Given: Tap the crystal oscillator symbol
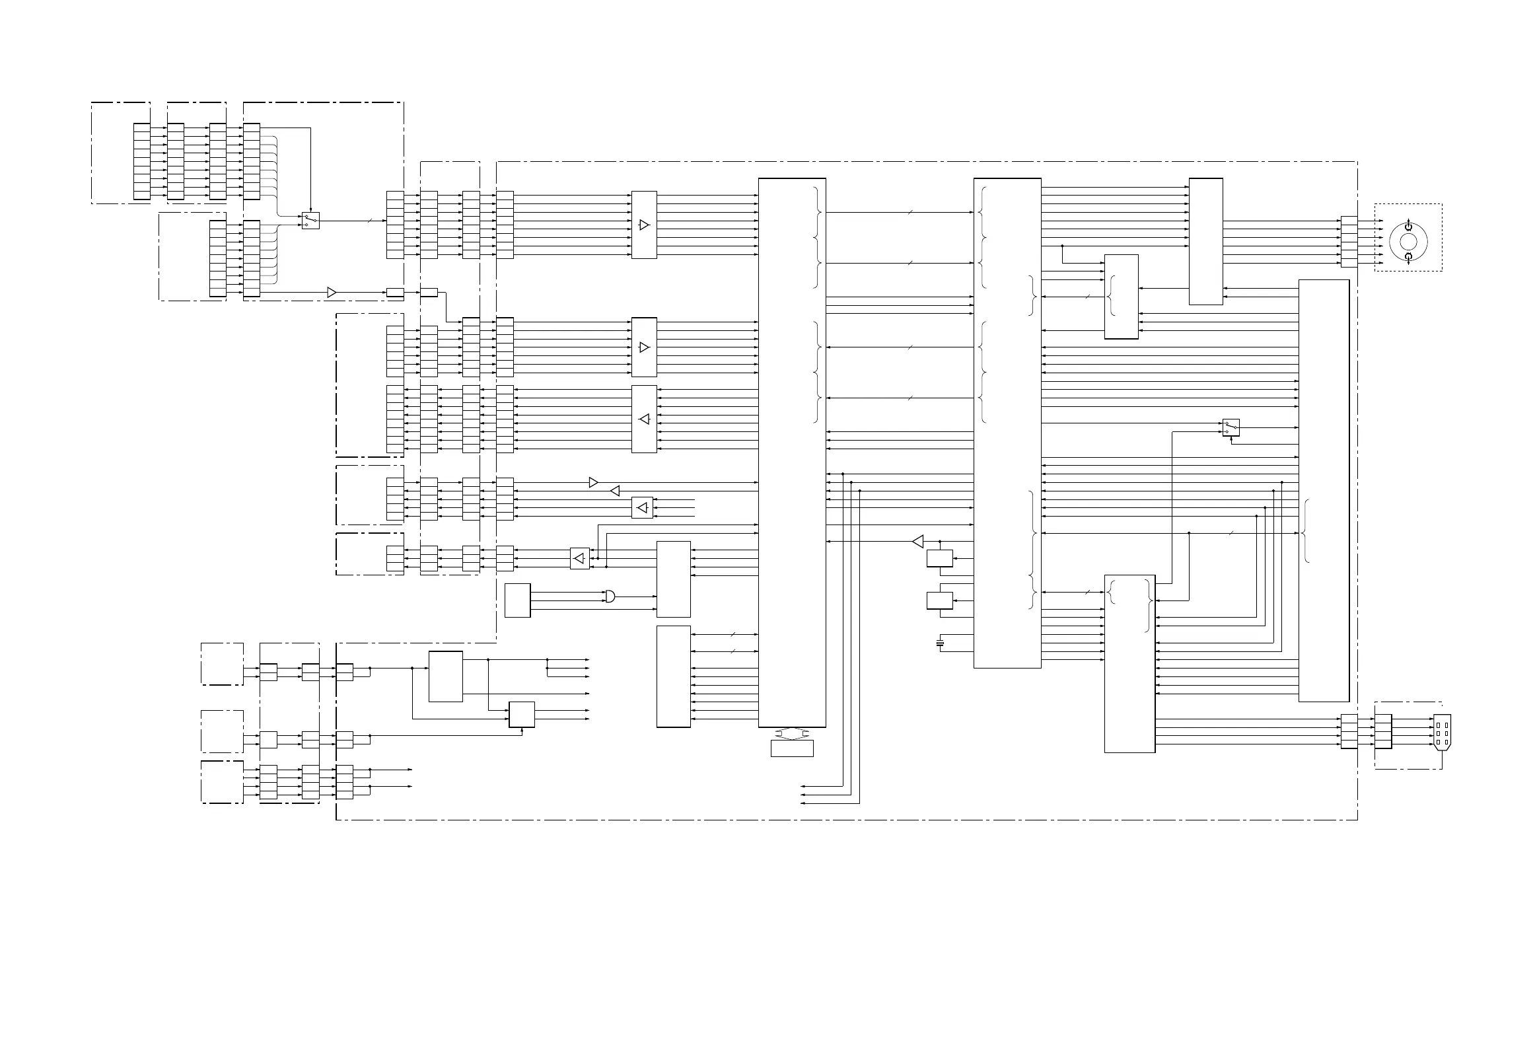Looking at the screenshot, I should [x=941, y=643].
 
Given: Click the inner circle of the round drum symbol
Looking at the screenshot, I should [x=1408, y=242].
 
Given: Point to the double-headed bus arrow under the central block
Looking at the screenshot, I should [x=791, y=733].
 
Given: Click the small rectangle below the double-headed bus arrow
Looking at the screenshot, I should [x=792, y=748].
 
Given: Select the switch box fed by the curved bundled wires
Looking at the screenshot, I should [x=310, y=221].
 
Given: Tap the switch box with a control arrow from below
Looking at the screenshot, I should [x=1231, y=427].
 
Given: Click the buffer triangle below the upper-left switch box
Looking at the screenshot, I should [x=332, y=292].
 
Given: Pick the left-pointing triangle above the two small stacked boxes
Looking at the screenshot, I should [x=918, y=542].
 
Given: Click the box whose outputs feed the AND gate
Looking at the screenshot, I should [x=517, y=600].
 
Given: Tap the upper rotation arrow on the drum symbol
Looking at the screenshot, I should [x=1408, y=226].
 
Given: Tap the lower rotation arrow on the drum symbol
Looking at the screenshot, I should [x=1408, y=258].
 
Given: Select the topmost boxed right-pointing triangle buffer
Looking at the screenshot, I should [x=644, y=225].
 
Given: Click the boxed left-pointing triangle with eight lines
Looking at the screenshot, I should [x=644, y=419].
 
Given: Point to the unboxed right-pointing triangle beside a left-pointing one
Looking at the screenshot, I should [x=593, y=483].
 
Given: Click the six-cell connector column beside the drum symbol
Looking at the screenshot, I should [x=1349, y=242].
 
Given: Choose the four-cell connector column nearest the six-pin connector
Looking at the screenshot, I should [x=1383, y=731].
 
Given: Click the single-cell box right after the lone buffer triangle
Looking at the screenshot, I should [x=395, y=293].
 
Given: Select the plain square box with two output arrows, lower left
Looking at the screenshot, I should [x=522, y=714].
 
